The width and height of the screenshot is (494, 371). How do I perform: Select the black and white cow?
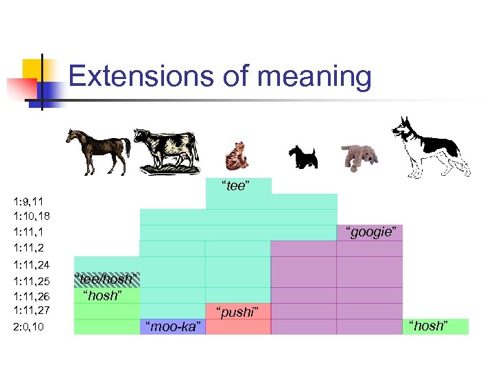166,150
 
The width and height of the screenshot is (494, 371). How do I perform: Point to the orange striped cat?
237,155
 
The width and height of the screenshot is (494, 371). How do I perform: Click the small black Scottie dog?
302,156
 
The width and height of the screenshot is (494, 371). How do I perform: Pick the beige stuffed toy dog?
360,155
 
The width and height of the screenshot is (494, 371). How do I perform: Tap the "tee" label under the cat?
235,186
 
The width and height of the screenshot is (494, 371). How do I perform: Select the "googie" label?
370,232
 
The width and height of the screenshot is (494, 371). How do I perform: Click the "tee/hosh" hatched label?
106,280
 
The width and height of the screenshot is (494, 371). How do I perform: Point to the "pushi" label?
237,312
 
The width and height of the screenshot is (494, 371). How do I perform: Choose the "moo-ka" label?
172,326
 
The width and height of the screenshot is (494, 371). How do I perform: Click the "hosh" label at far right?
430,326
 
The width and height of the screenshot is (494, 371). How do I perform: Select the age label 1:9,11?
29,201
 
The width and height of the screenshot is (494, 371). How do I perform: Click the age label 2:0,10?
29,326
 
